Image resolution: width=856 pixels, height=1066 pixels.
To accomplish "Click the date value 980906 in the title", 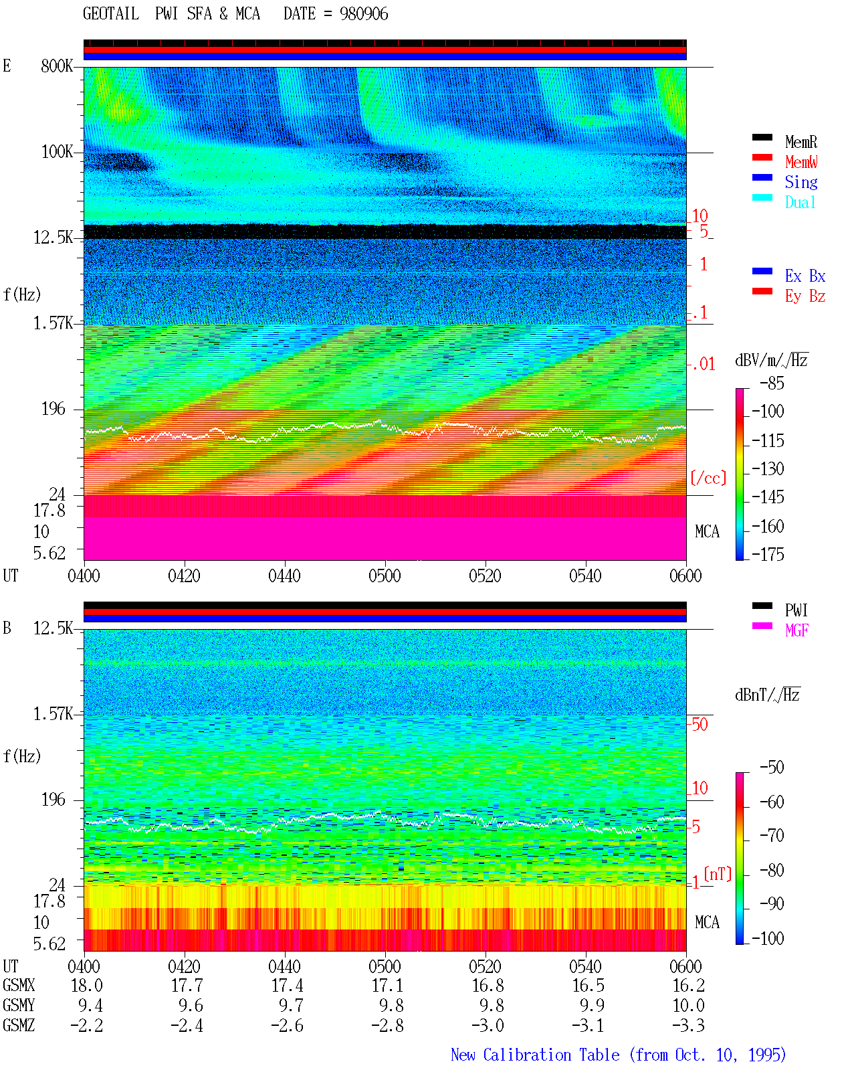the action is point(363,14).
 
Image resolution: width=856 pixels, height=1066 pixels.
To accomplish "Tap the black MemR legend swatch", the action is point(762,137).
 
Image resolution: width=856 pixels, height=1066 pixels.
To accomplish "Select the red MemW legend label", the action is point(801,161).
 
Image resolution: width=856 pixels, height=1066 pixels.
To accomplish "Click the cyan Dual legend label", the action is point(800,202).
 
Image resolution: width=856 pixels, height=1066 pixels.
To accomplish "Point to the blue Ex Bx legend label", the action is point(805,276).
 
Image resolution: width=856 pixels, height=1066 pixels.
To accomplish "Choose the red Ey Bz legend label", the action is point(805,296).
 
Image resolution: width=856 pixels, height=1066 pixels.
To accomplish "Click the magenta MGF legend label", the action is point(796,630).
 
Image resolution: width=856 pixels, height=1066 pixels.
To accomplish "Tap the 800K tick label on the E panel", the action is point(57,66).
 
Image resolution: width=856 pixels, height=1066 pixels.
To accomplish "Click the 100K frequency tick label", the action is point(57,152).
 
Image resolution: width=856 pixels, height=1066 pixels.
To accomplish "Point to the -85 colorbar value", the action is point(772,383).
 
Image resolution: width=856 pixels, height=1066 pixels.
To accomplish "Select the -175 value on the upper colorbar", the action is point(768,554).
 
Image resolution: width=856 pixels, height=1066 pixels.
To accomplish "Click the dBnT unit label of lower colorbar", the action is point(767,695).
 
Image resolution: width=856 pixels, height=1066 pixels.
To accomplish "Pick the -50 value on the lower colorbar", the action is point(772,767).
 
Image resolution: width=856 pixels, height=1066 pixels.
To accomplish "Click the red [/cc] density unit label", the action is point(708,478).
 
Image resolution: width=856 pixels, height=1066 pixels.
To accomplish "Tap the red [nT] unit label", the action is point(718,873).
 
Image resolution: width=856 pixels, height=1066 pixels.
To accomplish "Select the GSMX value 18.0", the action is point(87,985).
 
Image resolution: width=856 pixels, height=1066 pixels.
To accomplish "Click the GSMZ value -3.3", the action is point(688,1025).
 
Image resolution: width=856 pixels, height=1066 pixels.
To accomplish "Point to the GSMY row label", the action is point(19,1005).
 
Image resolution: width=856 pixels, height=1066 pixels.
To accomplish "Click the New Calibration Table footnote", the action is point(619,1055).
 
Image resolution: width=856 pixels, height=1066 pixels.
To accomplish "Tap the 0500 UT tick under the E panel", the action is point(385,575).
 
